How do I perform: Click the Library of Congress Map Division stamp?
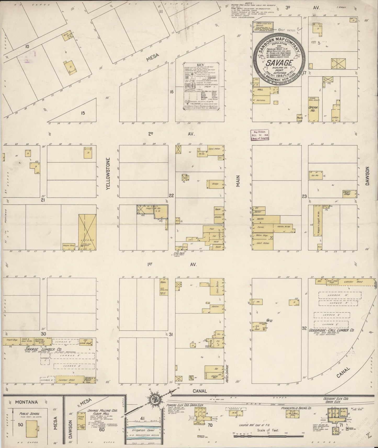coord(260,135)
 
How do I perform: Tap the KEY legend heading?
coord(200,65)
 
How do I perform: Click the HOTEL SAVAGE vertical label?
coord(227,373)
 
